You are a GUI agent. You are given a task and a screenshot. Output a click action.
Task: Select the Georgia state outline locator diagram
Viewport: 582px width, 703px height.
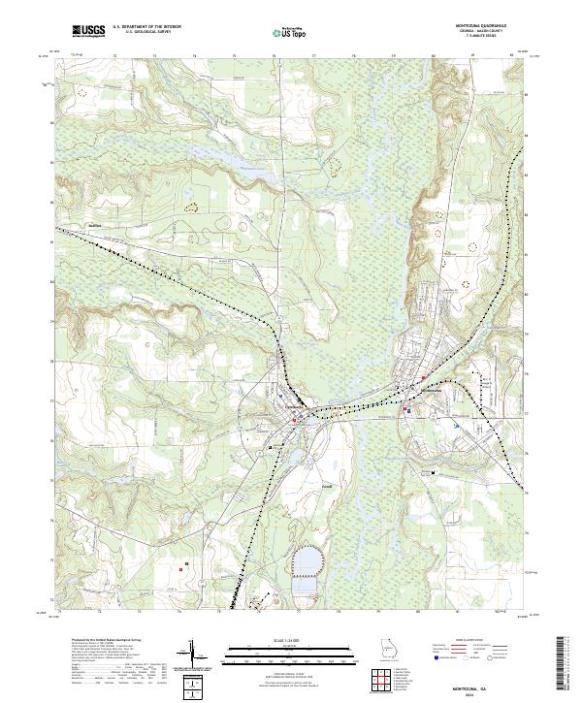pos(391,649)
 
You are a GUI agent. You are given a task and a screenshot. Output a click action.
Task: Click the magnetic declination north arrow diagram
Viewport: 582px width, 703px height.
pos(193,655)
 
